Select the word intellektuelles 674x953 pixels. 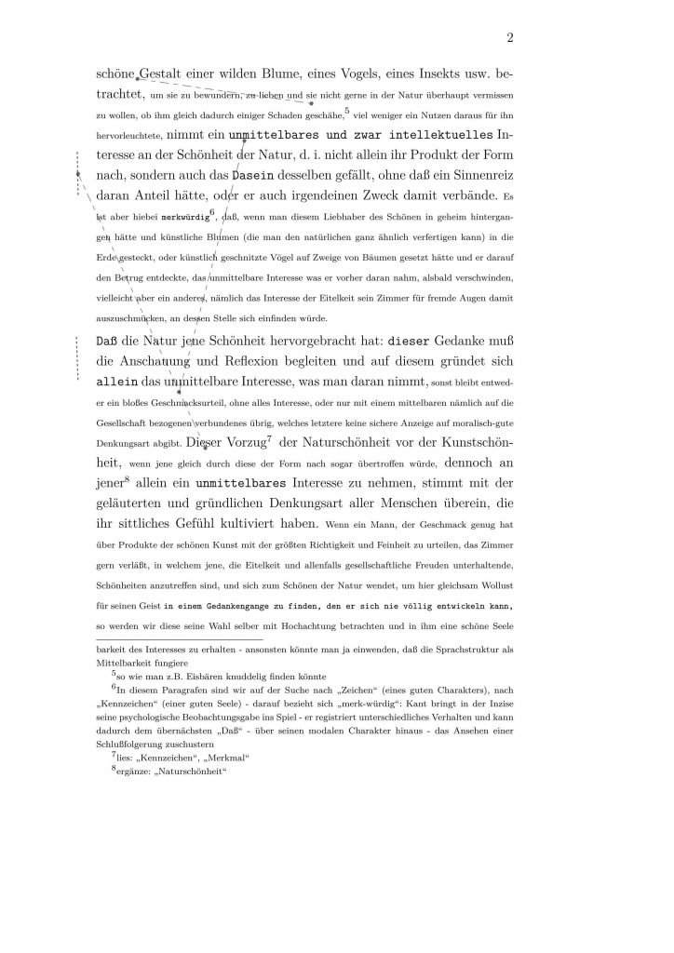(x=428, y=135)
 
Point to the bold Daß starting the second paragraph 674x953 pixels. (x=108, y=341)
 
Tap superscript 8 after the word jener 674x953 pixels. (x=127, y=478)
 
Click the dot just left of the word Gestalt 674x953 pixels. (x=138, y=77)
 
